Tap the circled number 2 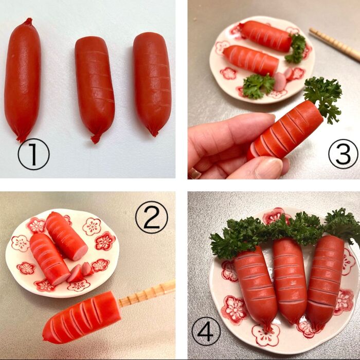(x=152, y=217)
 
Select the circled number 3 (x=343, y=154)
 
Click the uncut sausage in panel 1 (x=23, y=80)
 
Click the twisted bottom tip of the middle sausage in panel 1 (x=96, y=139)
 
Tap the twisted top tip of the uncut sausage (x=29, y=22)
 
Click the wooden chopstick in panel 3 (x=335, y=44)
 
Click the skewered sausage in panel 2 (x=81, y=318)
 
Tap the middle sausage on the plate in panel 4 (x=290, y=280)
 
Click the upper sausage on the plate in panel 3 (x=266, y=35)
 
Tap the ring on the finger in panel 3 (x=194, y=174)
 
